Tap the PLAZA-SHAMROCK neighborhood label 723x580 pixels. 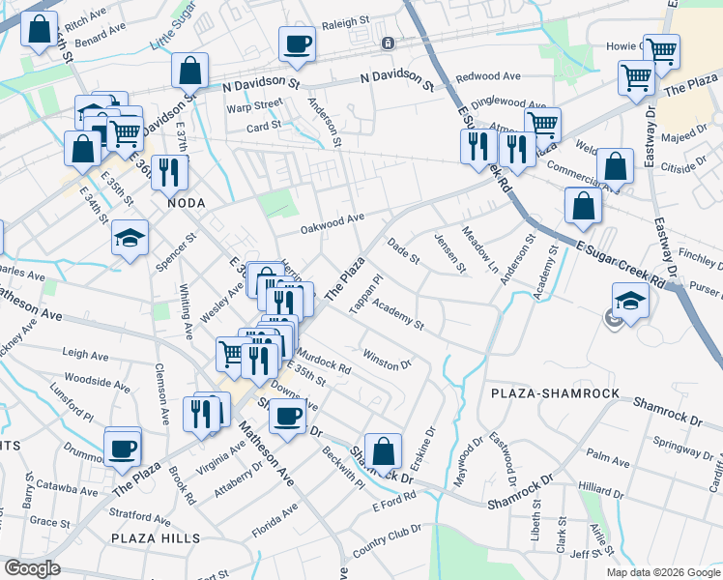(x=546, y=393)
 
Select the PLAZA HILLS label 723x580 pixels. (x=156, y=538)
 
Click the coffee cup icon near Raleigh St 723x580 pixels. (x=297, y=43)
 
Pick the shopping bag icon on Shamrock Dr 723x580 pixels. (x=384, y=449)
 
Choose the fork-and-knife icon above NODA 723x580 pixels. (x=169, y=172)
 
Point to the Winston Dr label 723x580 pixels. (x=388, y=360)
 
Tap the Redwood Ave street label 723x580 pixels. (x=488, y=76)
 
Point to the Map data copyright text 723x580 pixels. (x=663, y=572)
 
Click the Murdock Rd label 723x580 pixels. (x=324, y=361)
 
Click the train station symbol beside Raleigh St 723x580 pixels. (x=387, y=43)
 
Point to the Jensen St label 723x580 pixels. (x=451, y=252)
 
